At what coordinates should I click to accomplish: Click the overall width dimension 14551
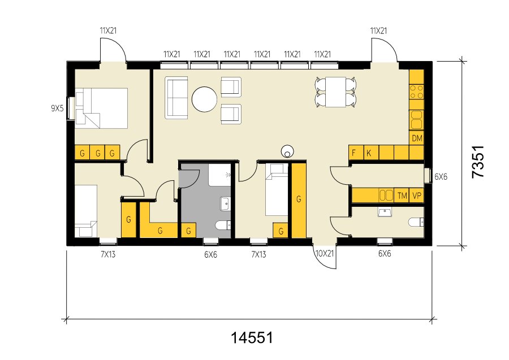tap(252, 337)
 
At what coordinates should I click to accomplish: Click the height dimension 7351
tap(478, 162)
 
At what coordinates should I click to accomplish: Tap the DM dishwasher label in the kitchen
tap(417, 138)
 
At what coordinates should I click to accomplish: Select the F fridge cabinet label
tap(354, 153)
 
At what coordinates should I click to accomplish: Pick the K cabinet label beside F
tap(368, 153)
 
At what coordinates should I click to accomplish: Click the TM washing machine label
tap(402, 196)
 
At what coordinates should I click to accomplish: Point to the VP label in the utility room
tap(417, 196)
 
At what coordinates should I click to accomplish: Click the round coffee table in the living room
tap(204, 99)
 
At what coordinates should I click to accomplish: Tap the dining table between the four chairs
tap(335, 92)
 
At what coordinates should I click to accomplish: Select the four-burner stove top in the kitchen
tap(416, 92)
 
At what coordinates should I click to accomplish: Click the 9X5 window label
tap(57, 109)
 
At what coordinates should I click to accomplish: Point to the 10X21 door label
tap(325, 253)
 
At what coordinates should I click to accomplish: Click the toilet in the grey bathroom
tap(223, 224)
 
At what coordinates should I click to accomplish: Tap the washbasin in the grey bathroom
tap(226, 203)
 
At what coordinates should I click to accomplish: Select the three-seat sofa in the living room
tap(176, 98)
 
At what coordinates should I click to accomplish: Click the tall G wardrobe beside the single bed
tap(299, 201)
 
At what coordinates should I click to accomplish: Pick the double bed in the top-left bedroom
tap(101, 109)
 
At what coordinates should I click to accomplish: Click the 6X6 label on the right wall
tap(441, 177)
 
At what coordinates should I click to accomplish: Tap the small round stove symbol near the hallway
tap(287, 151)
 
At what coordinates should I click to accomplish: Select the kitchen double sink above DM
tap(416, 119)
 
